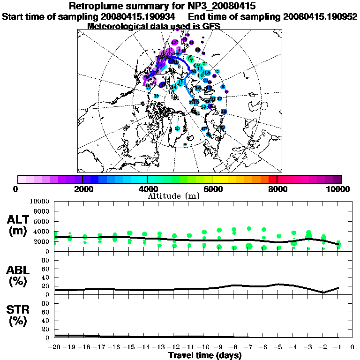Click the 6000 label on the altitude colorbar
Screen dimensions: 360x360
click(x=212, y=189)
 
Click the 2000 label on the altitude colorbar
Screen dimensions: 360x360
click(x=82, y=189)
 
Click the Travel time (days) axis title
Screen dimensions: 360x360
click(x=205, y=355)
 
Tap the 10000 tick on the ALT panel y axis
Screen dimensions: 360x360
click(x=40, y=202)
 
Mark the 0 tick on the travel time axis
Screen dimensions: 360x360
click(x=352, y=347)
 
